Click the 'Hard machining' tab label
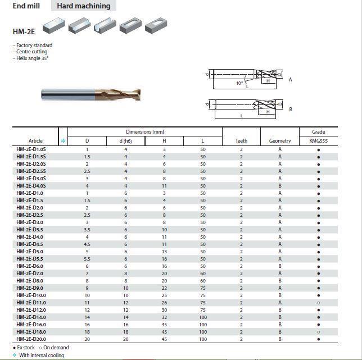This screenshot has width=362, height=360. pyautogui.click(x=83, y=6)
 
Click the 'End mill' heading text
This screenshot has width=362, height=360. pyautogui.click(x=26, y=6)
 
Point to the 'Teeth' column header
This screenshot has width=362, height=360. pyautogui.click(x=241, y=141)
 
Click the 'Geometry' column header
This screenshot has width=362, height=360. pyautogui.click(x=280, y=141)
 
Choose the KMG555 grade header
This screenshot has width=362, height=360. pyautogui.click(x=318, y=141)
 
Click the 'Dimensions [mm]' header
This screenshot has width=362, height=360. pyautogui.click(x=144, y=132)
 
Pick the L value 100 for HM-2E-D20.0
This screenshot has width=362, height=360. pyautogui.click(x=202, y=339)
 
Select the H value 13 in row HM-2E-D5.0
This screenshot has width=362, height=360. pyautogui.click(x=164, y=252)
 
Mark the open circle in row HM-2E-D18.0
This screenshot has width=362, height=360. pyautogui.click(x=319, y=332)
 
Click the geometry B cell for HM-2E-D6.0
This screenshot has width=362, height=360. pyautogui.click(x=280, y=266)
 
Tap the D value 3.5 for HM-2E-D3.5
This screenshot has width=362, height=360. pyautogui.click(x=87, y=230)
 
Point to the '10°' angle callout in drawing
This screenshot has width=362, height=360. pyautogui.click(x=239, y=83)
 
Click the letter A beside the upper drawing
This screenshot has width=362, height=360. pyautogui.click(x=291, y=80)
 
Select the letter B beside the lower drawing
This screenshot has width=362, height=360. pyautogui.click(x=291, y=109)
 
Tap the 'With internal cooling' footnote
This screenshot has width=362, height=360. pyautogui.click(x=41, y=356)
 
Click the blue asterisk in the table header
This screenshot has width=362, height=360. pyautogui.click(x=63, y=141)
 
